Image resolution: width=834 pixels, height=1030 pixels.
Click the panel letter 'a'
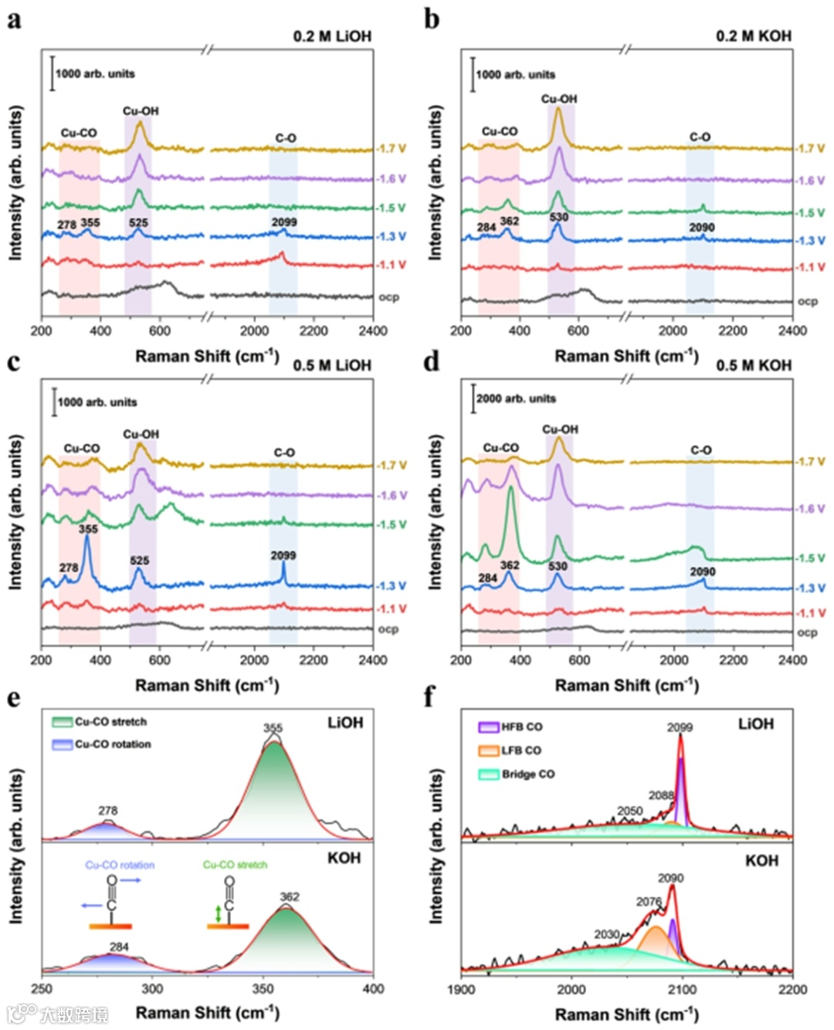pos(13,19)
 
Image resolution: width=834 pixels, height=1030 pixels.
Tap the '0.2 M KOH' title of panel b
pos(753,36)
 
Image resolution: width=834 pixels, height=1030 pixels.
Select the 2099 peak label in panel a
pos(284,222)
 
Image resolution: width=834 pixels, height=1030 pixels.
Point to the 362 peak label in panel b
pos(510,221)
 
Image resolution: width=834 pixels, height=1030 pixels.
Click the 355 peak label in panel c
pos(88,529)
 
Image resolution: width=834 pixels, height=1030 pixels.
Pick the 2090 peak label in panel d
pos(702,571)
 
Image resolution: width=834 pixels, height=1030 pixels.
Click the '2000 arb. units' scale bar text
pos(516,398)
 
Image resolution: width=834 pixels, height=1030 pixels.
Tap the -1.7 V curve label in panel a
pos(392,148)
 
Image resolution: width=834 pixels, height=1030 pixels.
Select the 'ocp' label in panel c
pos(388,629)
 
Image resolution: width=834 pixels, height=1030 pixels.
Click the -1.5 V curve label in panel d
pos(811,558)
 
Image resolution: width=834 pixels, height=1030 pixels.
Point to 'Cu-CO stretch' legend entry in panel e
pos(110,722)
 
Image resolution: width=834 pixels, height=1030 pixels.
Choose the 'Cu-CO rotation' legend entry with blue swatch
pos(113,744)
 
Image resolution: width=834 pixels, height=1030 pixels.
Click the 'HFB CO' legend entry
pos(521,727)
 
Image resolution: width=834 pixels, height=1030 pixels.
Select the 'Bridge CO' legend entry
pos(528,774)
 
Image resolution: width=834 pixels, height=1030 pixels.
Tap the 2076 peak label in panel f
pos(649,902)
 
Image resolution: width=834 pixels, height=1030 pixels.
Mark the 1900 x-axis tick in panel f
pos(461,989)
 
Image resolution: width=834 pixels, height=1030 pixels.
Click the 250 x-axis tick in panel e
pos(42,989)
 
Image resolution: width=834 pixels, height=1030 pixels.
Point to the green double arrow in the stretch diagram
pos(219,914)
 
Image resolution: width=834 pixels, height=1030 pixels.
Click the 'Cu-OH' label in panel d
pos(560,429)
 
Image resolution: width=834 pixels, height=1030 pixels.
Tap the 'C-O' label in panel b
pos(700,137)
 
